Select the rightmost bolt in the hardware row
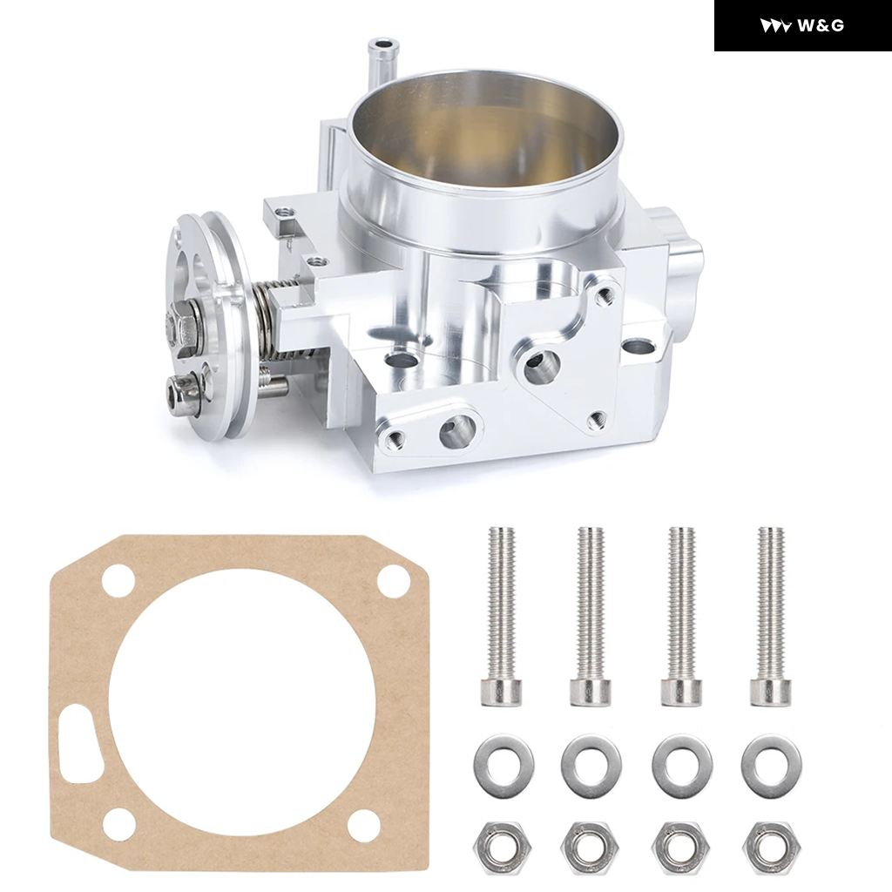(770, 617)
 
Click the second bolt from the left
(591, 617)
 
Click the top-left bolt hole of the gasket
(118, 581)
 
